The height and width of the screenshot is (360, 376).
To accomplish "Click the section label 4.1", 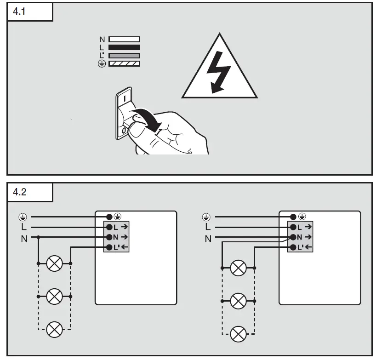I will (x=20, y=11).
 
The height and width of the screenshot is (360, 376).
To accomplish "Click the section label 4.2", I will (x=20, y=192).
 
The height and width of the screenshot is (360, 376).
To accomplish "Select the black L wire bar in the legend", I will (x=124, y=47).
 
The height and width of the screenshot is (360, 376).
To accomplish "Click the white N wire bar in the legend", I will (x=124, y=40).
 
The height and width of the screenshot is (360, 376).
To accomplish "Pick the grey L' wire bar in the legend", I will (x=124, y=55).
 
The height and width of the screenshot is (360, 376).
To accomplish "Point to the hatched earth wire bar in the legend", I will (x=124, y=63).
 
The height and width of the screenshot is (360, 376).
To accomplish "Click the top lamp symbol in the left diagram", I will (x=55, y=263).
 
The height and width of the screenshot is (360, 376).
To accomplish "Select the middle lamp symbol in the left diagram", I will (x=55, y=297).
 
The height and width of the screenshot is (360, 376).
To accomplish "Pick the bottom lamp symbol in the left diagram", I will (x=55, y=329).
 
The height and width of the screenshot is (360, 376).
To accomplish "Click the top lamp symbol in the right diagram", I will (x=238, y=268).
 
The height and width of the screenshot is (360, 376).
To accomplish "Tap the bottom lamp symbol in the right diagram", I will (x=238, y=334).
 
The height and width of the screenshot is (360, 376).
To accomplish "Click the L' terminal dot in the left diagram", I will (x=109, y=247).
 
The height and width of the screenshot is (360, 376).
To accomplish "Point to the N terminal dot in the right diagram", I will (x=293, y=237).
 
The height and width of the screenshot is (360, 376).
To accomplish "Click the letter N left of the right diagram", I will (x=208, y=239).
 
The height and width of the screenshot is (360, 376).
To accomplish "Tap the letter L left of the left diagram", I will (x=24, y=227).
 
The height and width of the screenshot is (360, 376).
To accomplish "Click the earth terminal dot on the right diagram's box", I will (x=293, y=217).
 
